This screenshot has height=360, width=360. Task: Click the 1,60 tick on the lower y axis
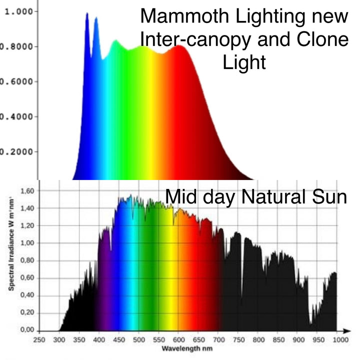coord(27,191)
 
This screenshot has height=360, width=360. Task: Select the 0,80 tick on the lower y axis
coord(27,260)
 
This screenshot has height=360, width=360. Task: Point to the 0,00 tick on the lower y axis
coord(27,330)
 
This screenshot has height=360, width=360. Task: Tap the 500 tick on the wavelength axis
coord(139,340)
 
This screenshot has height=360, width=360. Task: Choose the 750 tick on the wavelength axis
coord(238,340)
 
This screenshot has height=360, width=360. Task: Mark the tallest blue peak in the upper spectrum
coord(86,14)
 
